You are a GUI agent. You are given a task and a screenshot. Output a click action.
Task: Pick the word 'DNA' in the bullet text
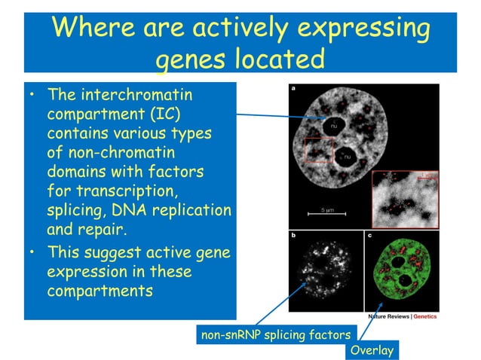pyautogui.click(x=155, y=208)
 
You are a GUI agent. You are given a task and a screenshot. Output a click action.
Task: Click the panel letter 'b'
pyautogui.click(x=293, y=236)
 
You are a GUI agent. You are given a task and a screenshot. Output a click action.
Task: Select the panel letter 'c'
pyautogui.click(x=369, y=236)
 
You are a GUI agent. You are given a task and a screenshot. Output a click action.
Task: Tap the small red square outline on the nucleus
pyautogui.click(x=318, y=151)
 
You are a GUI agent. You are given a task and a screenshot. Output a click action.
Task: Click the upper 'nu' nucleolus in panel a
pyautogui.click(x=334, y=124)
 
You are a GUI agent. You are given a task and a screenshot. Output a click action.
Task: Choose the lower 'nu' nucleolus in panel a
pyautogui.click(x=349, y=159)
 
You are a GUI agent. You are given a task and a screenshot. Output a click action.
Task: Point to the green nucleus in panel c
pyautogui.click(x=400, y=271)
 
